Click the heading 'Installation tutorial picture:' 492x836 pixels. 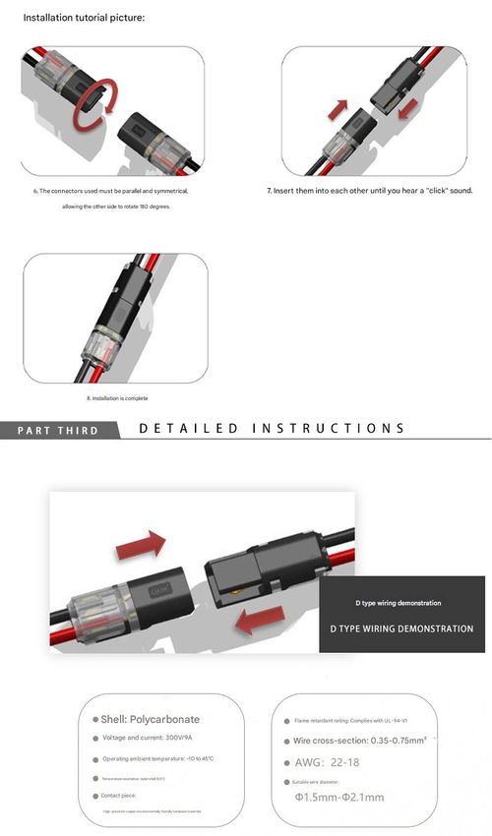(84, 18)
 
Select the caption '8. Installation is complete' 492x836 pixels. (117, 397)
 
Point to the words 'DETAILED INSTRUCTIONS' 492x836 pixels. (272, 429)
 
